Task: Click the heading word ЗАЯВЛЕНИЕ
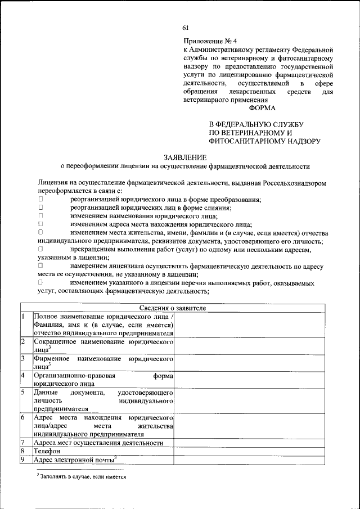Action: [x=185, y=157]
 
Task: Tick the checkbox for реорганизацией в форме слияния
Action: [x=40, y=208]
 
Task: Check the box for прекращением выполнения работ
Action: [x=40, y=248]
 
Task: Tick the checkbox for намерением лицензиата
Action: [x=40, y=264]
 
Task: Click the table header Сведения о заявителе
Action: [x=173, y=308]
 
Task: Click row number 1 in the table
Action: [x=23, y=317]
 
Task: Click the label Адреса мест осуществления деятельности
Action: [x=98, y=443]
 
